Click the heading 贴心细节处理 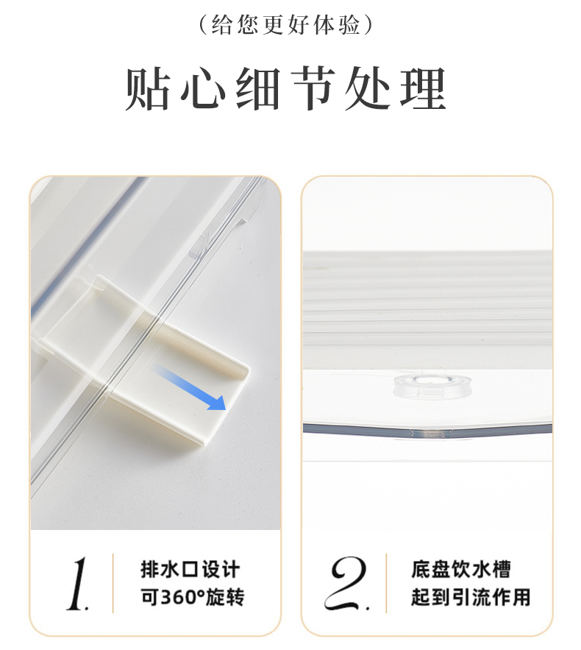[x=286, y=89]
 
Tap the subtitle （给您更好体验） [x=286, y=24]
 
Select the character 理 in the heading [x=423, y=89]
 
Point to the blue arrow [x=190, y=387]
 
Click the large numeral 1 [x=78, y=583]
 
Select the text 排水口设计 [x=190, y=569]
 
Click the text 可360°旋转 [x=193, y=597]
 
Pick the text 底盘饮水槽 [x=461, y=569]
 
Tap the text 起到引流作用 [x=471, y=597]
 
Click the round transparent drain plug [x=423, y=386]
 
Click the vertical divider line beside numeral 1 [x=113, y=583]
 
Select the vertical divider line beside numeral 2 [x=386, y=583]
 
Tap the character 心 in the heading [x=203, y=89]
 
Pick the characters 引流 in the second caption [x=471, y=597]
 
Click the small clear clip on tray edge [x=199, y=247]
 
